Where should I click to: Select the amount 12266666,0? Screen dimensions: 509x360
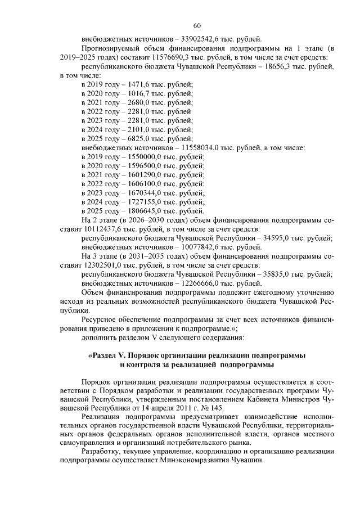click(x=202, y=283)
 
